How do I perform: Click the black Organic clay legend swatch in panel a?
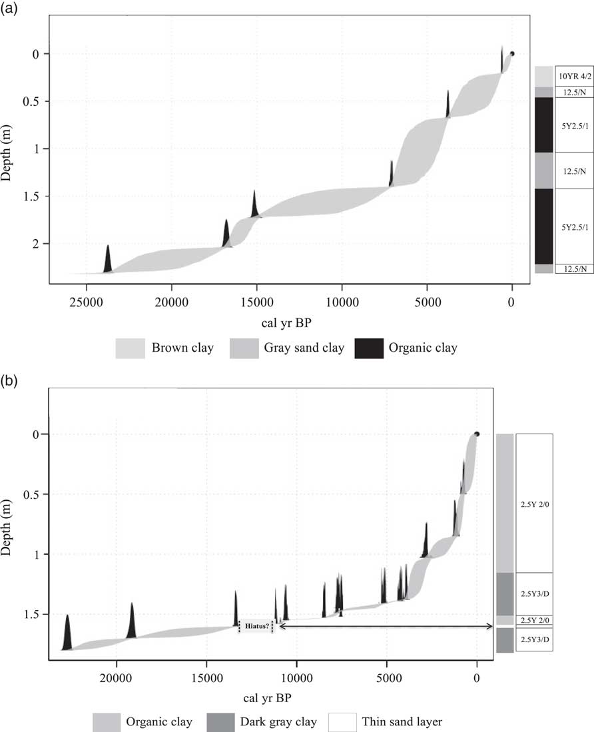pyautogui.click(x=369, y=348)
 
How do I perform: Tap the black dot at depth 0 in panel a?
pyautogui.click(x=511, y=53)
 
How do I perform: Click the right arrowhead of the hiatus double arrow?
pyautogui.click(x=491, y=625)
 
